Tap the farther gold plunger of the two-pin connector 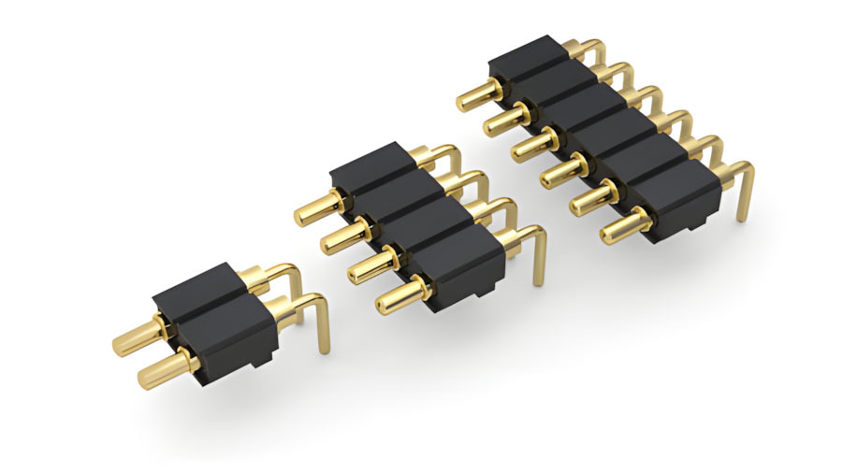[133, 339]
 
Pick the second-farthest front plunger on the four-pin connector [342, 237]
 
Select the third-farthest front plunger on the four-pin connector [370, 265]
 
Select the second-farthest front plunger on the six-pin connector [505, 121]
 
